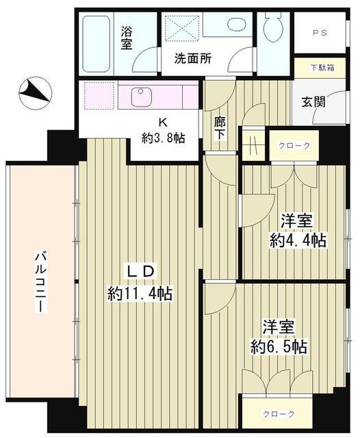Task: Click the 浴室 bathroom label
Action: (127, 37)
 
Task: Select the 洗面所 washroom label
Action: (191, 59)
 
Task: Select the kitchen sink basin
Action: (140, 93)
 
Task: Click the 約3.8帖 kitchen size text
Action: (162, 136)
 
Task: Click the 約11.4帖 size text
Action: (140, 294)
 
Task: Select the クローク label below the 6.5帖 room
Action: (279, 414)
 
